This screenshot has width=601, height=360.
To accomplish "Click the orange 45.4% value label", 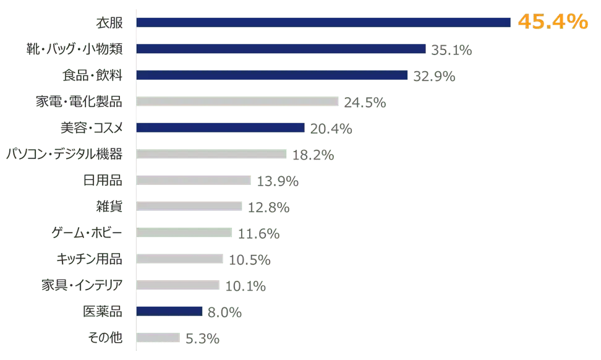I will pos(552,22).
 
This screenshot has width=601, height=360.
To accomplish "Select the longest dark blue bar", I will pos(325,22).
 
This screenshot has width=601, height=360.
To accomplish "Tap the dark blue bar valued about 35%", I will pos(283,49).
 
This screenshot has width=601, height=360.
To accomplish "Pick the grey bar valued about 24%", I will pos(238,101).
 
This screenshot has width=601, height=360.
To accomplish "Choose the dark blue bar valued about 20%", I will pos(221,127).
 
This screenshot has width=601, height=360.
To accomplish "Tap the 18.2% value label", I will pos(313,155).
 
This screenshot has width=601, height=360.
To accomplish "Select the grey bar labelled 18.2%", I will pos(211,155).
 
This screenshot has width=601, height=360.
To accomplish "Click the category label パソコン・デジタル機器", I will pos(64,154).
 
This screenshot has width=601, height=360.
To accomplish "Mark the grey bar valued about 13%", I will pos(194,181).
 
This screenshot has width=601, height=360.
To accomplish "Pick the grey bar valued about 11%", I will pos(184,233).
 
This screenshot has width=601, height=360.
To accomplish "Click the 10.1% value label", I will pos(245,286).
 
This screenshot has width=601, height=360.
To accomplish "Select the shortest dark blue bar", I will pos(169,311).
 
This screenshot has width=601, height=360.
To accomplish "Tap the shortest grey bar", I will pos(160,338).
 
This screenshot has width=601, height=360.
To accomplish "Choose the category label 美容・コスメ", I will pos(92,128).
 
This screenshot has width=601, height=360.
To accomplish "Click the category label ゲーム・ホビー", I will pos(87,233).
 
